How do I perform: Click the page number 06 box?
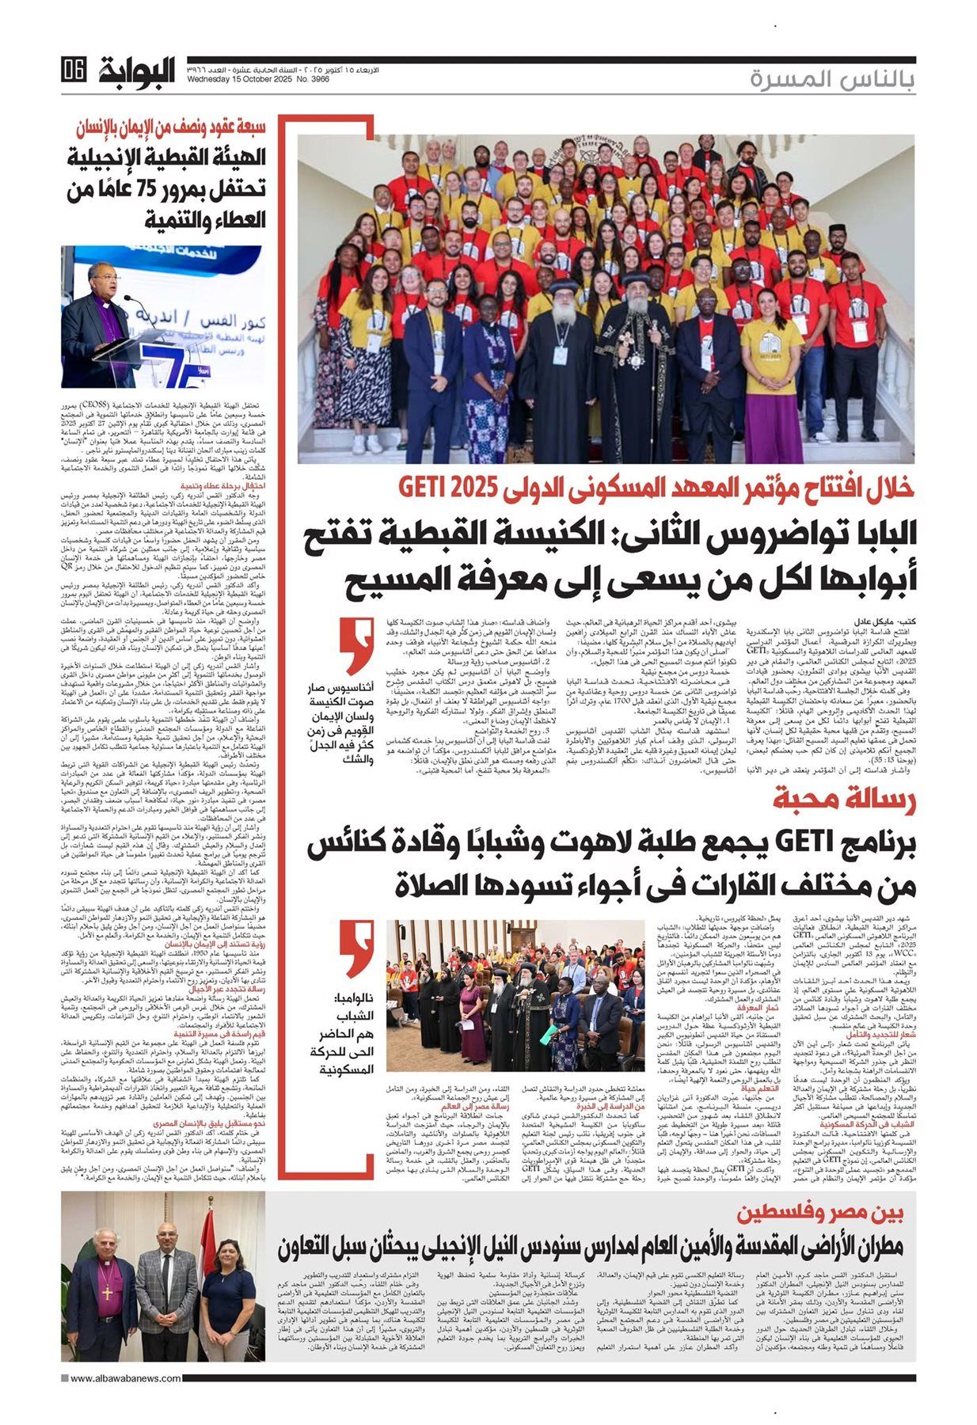click(73, 71)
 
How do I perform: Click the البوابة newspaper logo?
click(137, 72)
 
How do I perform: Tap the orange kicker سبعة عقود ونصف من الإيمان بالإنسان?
click(170, 127)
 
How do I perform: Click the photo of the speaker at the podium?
click(162, 317)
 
